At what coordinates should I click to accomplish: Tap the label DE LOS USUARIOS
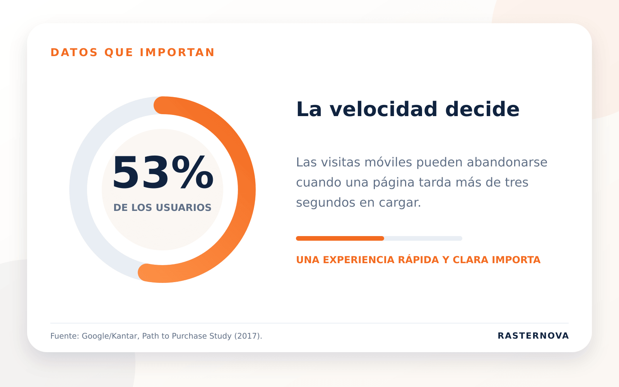point(162,207)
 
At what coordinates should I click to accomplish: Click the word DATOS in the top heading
point(74,53)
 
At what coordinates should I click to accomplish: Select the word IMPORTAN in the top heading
point(177,53)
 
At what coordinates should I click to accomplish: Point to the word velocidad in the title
point(383,109)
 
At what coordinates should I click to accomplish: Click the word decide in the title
point(482,109)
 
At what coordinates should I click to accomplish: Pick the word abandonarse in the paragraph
point(507,162)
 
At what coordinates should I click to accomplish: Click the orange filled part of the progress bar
point(340,238)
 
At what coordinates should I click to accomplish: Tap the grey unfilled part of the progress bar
point(423,238)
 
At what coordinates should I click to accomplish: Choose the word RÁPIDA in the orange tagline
point(418,259)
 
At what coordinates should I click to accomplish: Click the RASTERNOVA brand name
point(533,336)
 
